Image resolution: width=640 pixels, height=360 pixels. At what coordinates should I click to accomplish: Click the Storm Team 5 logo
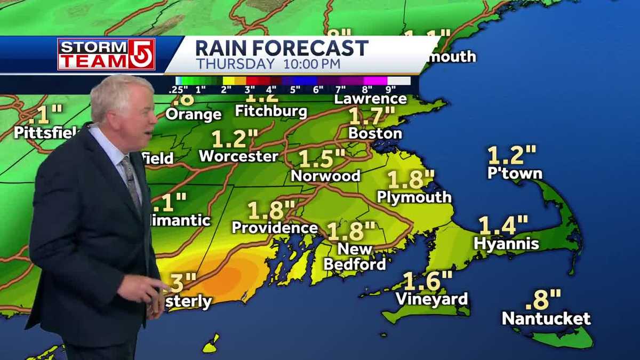coord(106,54)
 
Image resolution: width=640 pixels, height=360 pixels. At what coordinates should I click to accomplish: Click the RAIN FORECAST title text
coord(282,49)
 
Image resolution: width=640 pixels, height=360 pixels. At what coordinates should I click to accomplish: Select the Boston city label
coord(375,133)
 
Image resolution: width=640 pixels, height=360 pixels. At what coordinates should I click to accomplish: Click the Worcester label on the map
coord(238,156)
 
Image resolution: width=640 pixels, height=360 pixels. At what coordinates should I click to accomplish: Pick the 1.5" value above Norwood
coord(321,158)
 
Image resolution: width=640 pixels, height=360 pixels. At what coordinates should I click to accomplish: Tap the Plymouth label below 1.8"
coord(414,197)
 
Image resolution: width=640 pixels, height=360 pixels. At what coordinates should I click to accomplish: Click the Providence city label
coord(275,228)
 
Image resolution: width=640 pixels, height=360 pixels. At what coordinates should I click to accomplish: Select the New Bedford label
coord(355,257)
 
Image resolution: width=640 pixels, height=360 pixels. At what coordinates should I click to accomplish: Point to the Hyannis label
coord(506,244)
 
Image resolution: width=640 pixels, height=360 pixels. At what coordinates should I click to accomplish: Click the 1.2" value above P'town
coord(511,155)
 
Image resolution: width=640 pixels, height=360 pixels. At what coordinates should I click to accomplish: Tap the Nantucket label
coord(546,319)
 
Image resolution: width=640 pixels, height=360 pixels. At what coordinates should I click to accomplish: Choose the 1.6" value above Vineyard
coord(427,281)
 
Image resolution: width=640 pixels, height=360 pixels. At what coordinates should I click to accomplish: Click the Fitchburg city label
coord(271,111)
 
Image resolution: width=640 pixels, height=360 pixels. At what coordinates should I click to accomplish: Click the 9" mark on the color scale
coord(390,90)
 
